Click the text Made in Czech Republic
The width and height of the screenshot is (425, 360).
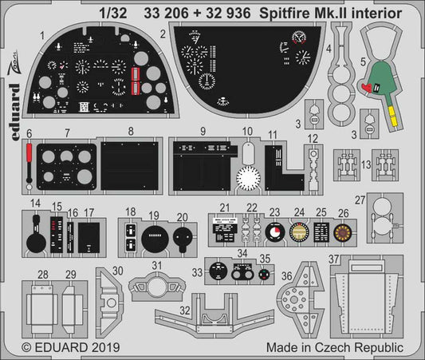350,349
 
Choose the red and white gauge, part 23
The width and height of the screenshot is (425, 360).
275,234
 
